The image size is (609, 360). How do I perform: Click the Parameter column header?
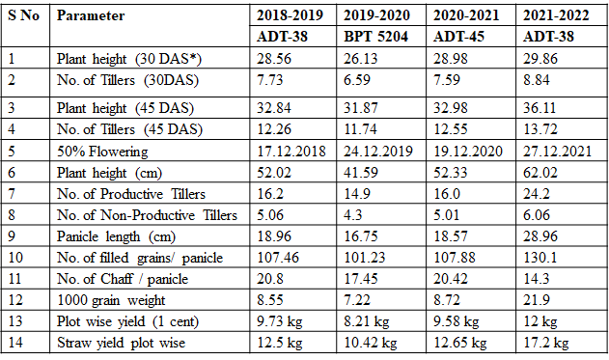pyautogui.click(x=91, y=15)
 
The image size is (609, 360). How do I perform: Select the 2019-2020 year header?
pyautogui.click(x=376, y=15)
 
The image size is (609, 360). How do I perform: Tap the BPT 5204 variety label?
pyautogui.click(x=375, y=37)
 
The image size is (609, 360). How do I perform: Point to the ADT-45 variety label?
pyautogui.click(x=458, y=37)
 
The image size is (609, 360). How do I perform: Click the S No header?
pyautogui.click(x=24, y=15)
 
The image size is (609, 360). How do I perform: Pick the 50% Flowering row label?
pyautogui.click(x=102, y=152)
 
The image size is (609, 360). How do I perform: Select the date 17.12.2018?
pyautogui.click(x=291, y=152)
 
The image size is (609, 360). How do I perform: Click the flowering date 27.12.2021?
pyautogui.click(x=557, y=152)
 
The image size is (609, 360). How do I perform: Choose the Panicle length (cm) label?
pyautogui.click(x=116, y=236)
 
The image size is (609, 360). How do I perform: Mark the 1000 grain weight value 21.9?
pyautogui.click(x=537, y=300)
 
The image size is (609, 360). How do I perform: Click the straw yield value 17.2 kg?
pyautogui.click(x=545, y=343)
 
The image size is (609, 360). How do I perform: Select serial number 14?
pyautogui.click(x=15, y=343)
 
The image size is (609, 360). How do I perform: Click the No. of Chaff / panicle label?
pyautogui.click(x=123, y=279)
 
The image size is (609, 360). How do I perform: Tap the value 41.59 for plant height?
pyautogui.click(x=361, y=173)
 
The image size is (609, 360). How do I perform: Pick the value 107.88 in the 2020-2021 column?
pyautogui.click(x=455, y=258)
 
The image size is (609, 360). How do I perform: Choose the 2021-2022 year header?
pyautogui.click(x=556, y=15)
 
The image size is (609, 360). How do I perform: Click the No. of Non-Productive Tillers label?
pyautogui.click(x=147, y=215)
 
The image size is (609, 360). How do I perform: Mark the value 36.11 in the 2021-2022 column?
pyautogui.click(x=540, y=108)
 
